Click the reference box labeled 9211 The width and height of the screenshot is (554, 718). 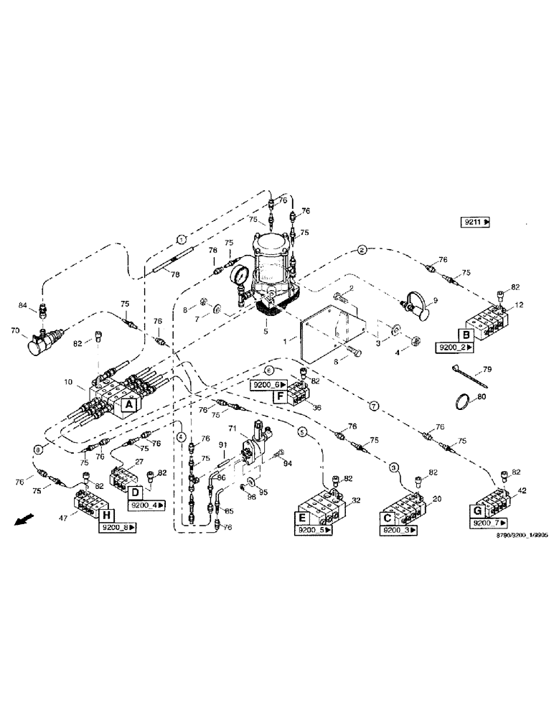pyautogui.click(x=475, y=223)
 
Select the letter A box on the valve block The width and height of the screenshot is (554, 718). pyautogui.click(x=128, y=406)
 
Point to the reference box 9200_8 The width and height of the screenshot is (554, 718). pyautogui.click(x=118, y=528)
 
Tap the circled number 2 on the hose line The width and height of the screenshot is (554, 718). pyautogui.click(x=362, y=250)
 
